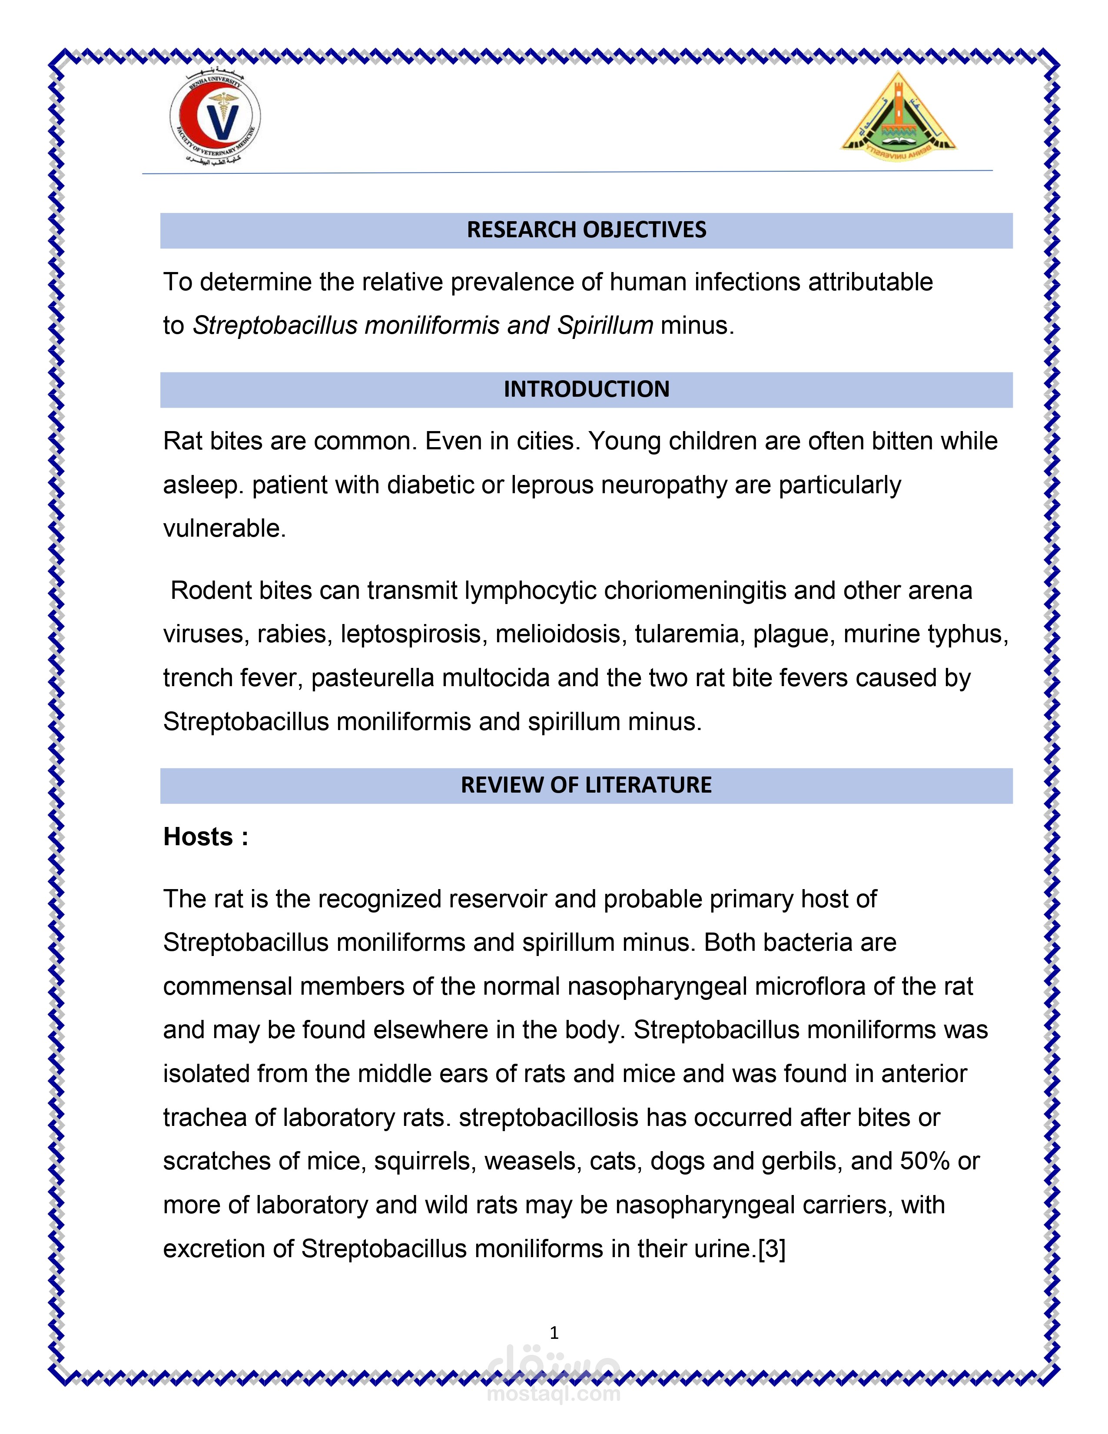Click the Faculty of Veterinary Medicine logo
tap(215, 118)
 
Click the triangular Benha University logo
tap(898, 117)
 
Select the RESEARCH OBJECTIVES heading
tap(586, 230)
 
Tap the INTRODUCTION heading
tap(586, 389)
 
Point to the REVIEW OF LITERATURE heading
tap(586, 785)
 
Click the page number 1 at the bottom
tap(554, 1333)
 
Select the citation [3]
tap(772, 1249)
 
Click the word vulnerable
tap(223, 528)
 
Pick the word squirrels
tap(425, 1162)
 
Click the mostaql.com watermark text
tap(553, 1393)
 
